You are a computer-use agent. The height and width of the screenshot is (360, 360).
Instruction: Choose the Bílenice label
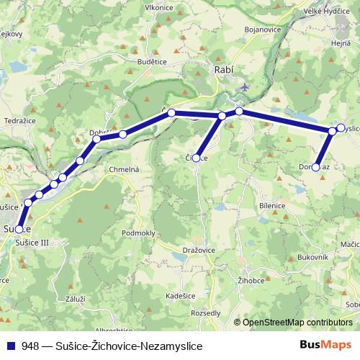pos(272,205)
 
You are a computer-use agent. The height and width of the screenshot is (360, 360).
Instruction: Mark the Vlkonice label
pos(159,7)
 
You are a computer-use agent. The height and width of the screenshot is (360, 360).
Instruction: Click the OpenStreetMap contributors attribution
pos(297,323)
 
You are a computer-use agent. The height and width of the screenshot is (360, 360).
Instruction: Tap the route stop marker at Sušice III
pos(19,230)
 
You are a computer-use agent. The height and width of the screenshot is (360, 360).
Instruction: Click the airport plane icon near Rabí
pos(246,86)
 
